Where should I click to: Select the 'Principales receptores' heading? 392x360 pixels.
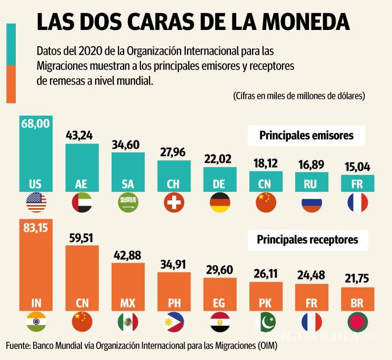(307, 240)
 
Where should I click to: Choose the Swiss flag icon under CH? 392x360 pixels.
(174, 202)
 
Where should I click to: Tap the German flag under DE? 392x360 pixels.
(220, 202)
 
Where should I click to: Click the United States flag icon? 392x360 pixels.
(36, 202)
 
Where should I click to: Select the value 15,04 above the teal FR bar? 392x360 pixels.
(358, 167)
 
